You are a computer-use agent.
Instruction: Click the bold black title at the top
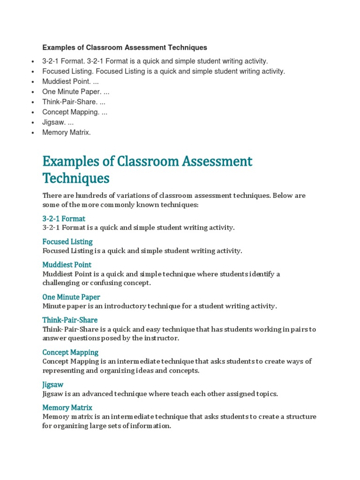[x=125, y=47]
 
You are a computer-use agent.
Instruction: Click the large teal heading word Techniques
[x=76, y=179]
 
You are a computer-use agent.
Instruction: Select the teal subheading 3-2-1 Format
[x=64, y=218]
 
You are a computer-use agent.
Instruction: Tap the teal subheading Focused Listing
[x=67, y=241]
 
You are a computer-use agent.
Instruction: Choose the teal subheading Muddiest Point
[x=67, y=264]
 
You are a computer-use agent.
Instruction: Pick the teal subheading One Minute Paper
[x=71, y=297]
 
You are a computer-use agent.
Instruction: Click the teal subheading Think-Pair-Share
[x=70, y=320]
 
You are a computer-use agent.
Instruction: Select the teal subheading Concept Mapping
[x=70, y=352]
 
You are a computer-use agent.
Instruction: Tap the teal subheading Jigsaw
[x=53, y=384]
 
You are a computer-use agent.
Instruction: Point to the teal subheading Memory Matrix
[x=67, y=407]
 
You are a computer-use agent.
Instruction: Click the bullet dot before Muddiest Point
[x=32, y=82]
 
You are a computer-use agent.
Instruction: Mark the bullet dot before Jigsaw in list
[x=32, y=123]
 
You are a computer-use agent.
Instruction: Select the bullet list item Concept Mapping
[x=75, y=112]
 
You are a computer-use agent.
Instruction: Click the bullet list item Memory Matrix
[x=67, y=133]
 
